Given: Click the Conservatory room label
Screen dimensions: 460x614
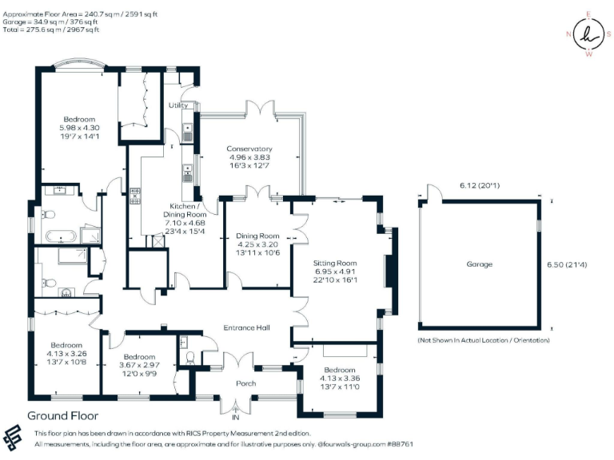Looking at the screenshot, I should (249, 149).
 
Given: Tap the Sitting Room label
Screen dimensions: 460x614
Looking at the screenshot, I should (335, 263).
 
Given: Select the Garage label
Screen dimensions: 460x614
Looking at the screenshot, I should (480, 264).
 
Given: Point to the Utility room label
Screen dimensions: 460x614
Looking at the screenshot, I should (177, 105).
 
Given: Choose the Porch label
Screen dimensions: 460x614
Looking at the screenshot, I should (246, 383).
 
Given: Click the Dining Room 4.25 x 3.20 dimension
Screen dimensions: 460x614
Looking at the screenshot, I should (257, 246).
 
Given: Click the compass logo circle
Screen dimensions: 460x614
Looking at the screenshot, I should (589, 34).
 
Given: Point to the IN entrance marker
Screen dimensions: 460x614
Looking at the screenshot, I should (235, 417).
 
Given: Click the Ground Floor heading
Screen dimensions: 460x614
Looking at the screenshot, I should (62, 415).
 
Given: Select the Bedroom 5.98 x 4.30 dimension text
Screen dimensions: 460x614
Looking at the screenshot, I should (80, 128).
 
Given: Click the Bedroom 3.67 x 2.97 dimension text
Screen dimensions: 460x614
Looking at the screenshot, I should (139, 366).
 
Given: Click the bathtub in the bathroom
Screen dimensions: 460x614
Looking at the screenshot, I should (61, 236).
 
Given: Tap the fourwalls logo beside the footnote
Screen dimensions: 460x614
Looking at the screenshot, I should (15, 438).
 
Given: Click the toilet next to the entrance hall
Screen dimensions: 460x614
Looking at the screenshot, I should (189, 358).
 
